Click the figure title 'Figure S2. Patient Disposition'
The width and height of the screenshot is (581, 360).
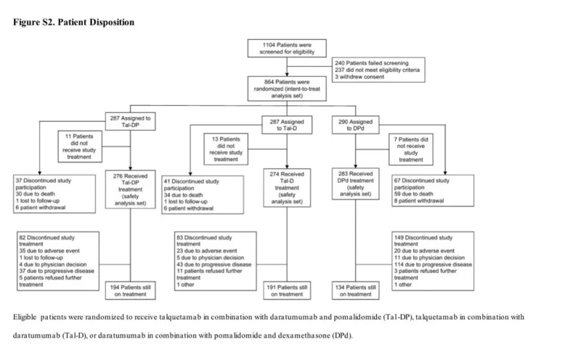(74, 22)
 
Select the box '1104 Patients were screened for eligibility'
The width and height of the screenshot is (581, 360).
(287, 48)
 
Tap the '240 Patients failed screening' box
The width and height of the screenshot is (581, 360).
(378, 70)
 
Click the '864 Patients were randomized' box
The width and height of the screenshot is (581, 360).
(287, 89)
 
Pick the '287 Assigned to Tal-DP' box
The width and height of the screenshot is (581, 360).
(130, 121)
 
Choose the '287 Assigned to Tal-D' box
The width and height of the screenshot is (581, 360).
(287, 125)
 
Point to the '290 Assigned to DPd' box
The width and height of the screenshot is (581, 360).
(355, 125)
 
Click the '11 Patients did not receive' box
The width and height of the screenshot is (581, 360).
(80, 147)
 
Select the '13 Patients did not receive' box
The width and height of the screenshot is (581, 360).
(226, 149)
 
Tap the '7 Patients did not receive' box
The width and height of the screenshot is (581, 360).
(410, 150)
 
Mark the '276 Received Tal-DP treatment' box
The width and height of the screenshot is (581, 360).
(130, 189)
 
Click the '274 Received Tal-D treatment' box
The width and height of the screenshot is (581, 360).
(287, 188)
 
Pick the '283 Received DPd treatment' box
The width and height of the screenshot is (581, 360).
(355, 184)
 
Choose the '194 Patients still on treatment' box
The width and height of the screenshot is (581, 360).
(130, 291)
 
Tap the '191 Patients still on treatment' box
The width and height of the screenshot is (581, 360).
(287, 291)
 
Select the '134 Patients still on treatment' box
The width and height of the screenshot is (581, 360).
(355, 291)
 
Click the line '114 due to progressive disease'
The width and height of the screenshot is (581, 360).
(433, 264)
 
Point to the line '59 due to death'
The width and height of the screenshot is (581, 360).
(413, 194)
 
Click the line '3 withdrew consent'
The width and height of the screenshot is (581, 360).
(359, 77)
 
